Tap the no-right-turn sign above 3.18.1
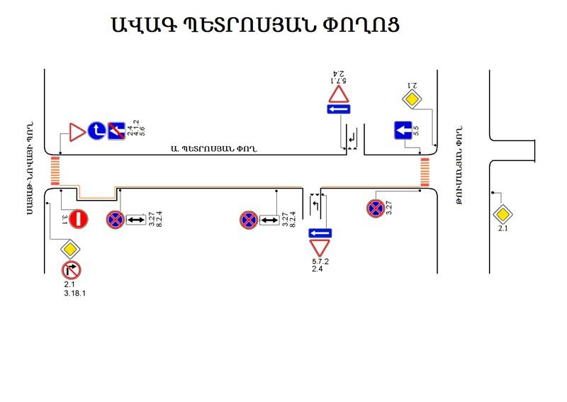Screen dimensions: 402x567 72,270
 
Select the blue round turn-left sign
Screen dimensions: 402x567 97,130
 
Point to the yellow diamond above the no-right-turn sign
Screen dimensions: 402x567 71,249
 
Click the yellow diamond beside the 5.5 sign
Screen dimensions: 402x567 412,99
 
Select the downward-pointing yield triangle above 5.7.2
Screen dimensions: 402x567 320,248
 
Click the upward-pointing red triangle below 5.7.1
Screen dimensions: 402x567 339,94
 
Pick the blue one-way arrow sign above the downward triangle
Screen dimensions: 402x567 320,233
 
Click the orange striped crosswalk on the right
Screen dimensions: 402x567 425,173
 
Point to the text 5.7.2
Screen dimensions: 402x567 320,262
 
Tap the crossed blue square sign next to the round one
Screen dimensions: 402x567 116,130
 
